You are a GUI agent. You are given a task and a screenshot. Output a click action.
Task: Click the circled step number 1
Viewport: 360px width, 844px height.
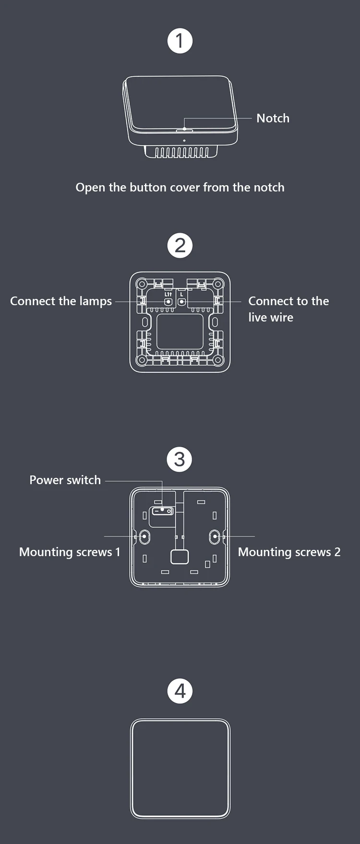point(180,41)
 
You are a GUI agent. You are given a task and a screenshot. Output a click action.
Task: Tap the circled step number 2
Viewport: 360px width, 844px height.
point(180,246)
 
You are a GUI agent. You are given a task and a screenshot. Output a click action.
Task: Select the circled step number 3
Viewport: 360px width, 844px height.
point(180,459)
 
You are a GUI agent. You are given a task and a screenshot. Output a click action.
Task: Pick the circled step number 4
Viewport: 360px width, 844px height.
point(180,691)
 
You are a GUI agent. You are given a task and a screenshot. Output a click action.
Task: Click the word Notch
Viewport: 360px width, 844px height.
point(273,118)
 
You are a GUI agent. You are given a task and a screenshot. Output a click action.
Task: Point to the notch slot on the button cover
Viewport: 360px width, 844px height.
point(184,130)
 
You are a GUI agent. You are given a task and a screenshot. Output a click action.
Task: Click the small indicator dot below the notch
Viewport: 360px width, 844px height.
point(184,141)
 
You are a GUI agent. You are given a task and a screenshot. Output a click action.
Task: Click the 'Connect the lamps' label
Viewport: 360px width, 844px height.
point(61,301)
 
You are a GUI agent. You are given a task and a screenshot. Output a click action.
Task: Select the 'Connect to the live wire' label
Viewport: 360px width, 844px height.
point(288,309)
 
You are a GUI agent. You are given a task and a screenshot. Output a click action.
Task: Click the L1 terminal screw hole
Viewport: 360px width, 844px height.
point(168,302)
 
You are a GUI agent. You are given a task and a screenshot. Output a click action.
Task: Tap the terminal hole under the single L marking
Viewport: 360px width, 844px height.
point(181,302)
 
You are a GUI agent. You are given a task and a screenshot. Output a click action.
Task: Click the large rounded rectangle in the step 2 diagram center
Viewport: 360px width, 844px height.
point(180,332)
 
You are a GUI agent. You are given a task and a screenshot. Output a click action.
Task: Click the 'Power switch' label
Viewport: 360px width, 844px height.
point(65,480)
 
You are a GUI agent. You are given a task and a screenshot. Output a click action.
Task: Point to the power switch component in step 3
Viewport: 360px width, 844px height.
point(163,511)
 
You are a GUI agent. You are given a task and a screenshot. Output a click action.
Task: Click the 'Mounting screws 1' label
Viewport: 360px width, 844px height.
point(70,552)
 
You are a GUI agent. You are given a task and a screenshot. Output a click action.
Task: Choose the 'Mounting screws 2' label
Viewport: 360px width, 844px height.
point(289,552)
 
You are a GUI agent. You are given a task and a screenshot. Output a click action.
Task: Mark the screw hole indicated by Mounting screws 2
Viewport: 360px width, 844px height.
point(215,536)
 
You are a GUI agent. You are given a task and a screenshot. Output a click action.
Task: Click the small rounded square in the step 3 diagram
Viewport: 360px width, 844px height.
point(180,557)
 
